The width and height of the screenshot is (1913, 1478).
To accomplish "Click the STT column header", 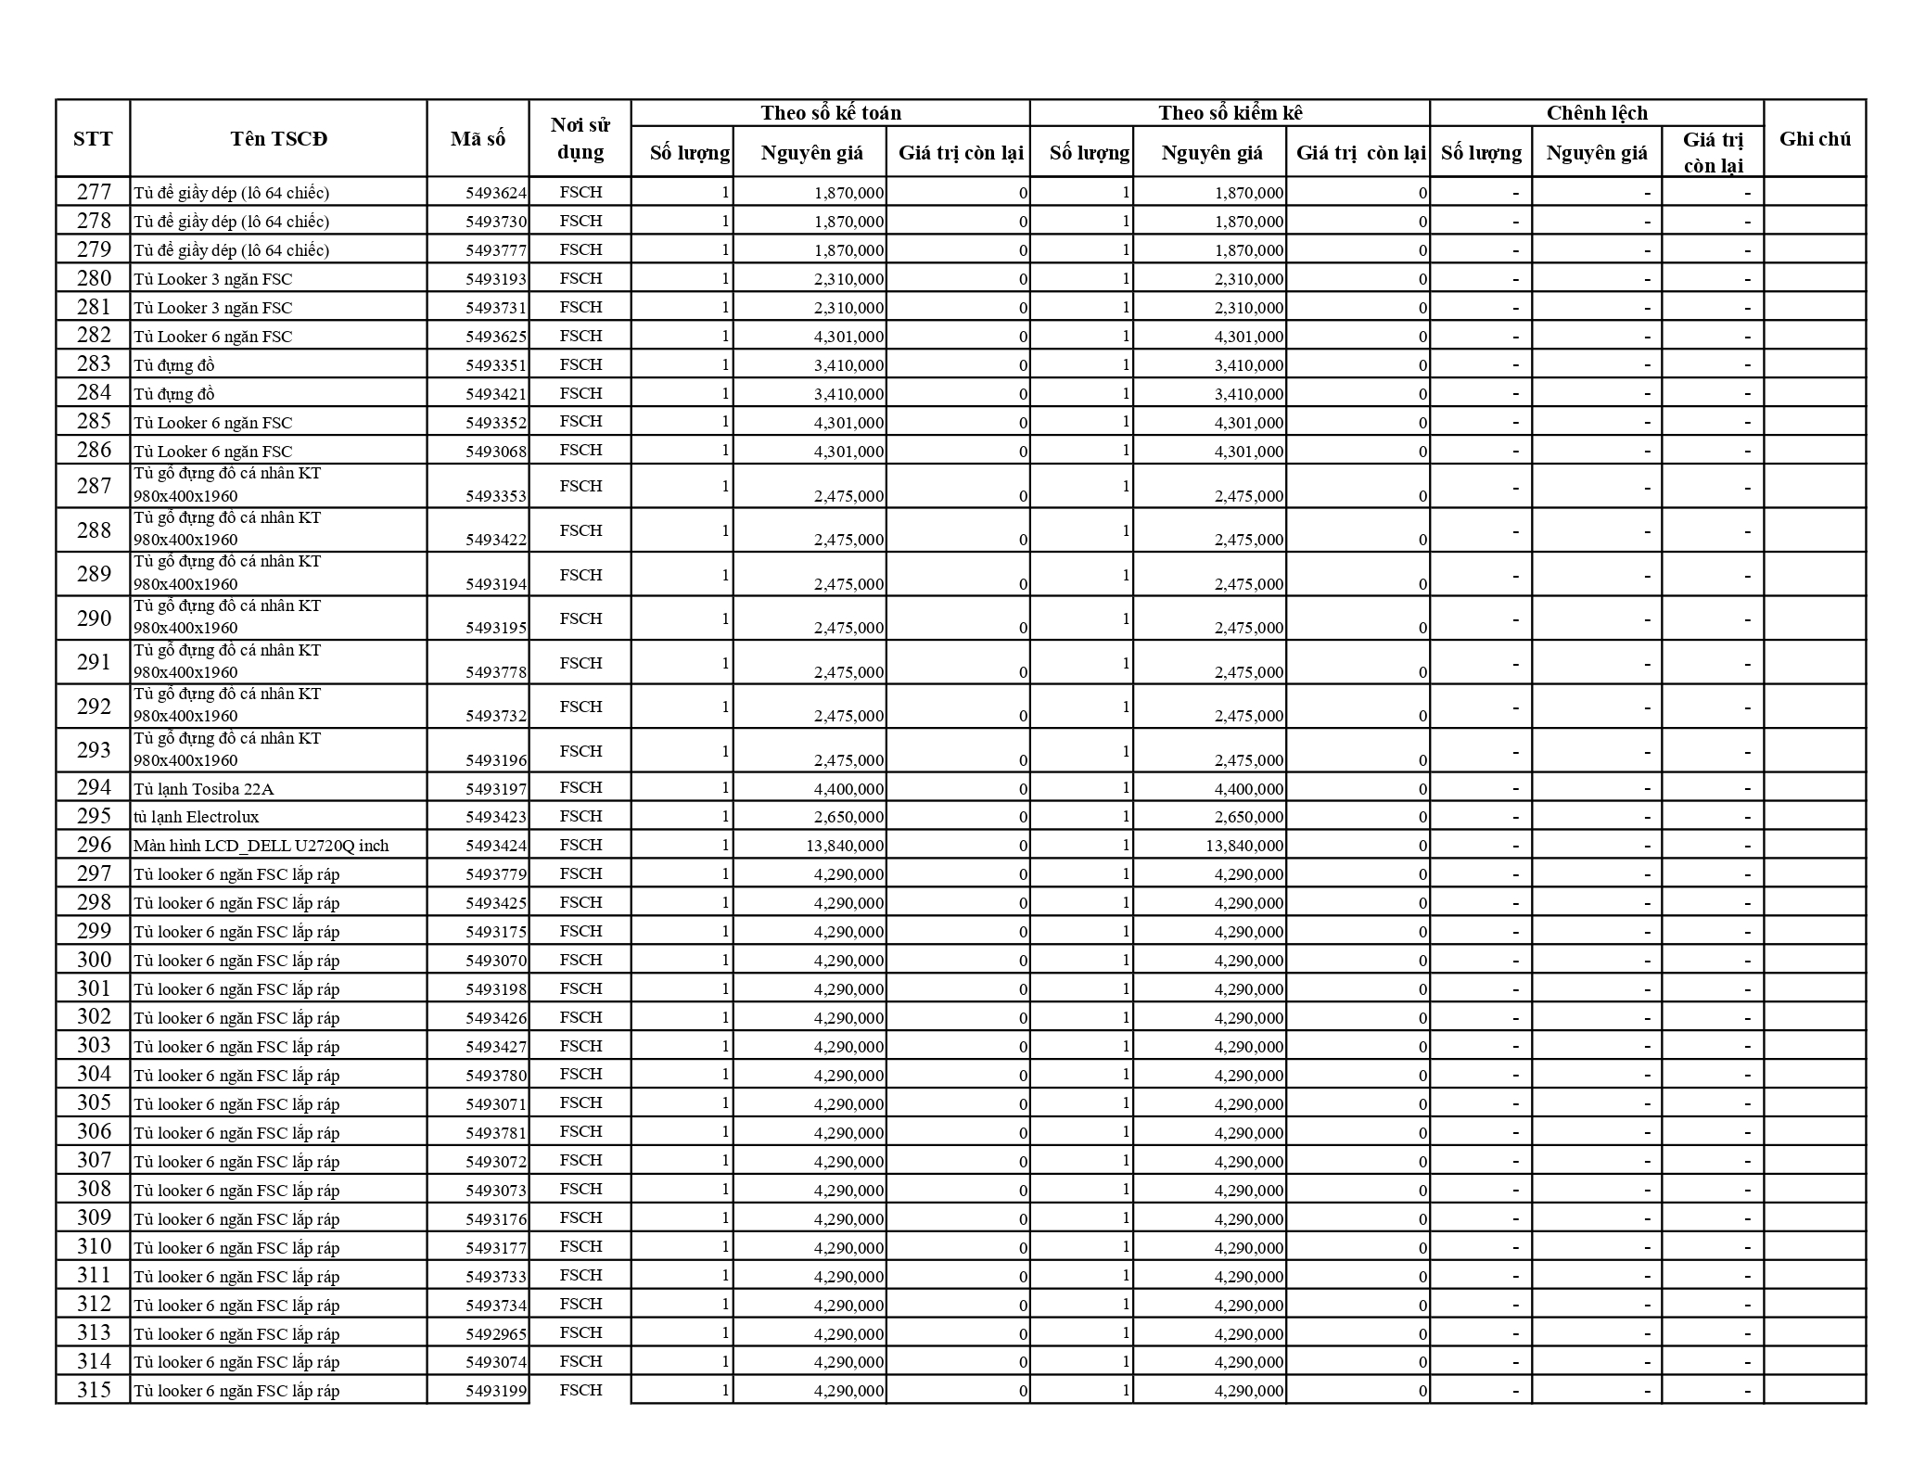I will click(x=93, y=139).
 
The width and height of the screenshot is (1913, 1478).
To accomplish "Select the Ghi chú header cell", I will click(x=1815, y=139).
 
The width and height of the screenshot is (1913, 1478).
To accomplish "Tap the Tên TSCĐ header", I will click(x=278, y=139).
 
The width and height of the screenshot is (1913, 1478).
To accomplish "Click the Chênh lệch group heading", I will click(x=1597, y=113).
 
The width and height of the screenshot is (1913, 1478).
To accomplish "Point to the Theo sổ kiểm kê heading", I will click(x=1230, y=113).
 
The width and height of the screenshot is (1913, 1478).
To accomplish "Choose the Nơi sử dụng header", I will click(x=580, y=139).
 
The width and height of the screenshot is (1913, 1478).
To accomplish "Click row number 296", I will click(x=94, y=845).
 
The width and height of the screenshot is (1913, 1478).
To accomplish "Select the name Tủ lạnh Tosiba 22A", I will click(x=204, y=789).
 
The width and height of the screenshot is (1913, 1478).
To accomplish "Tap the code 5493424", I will click(x=496, y=846).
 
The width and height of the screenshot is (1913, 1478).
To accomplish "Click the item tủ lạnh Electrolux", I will click(x=197, y=817).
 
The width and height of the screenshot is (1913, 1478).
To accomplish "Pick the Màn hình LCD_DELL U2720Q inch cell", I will click(x=261, y=846).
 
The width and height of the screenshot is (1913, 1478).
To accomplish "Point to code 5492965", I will click(x=496, y=1333).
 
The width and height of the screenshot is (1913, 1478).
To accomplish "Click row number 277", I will click(x=94, y=192).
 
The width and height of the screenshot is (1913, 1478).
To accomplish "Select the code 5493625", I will click(x=496, y=337).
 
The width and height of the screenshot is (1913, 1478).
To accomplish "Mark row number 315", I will click(x=94, y=1390).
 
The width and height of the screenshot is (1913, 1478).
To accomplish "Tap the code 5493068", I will click(x=496, y=452).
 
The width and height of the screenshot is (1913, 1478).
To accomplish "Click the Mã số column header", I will click(x=478, y=139).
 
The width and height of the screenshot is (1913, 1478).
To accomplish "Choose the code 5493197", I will click(x=496, y=789).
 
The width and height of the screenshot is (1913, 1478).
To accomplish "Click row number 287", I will click(x=94, y=486).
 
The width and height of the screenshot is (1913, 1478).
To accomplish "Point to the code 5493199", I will click(x=496, y=1391).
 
